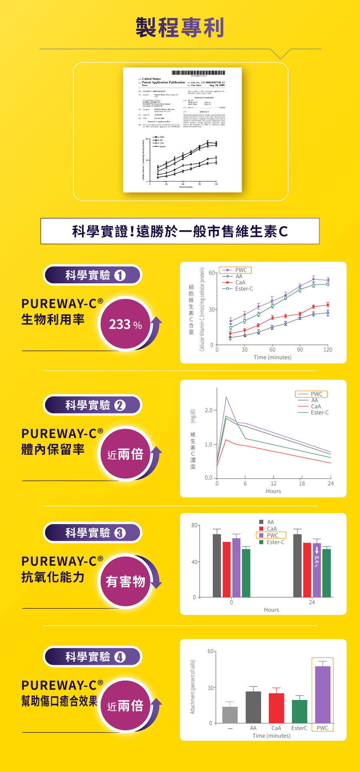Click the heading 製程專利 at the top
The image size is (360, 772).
click(x=180, y=27)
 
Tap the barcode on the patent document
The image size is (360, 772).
click(x=198, y=72)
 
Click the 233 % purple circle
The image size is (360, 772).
click(x=126, y=324)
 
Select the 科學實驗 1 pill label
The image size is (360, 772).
click(x=92, y=275)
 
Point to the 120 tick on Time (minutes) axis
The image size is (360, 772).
click(x=328, y=350)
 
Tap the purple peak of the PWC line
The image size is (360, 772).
click(x=226, y=397)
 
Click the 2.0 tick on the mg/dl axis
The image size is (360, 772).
click(x=208, y=411)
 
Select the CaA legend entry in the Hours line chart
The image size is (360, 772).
click(x=315, y=406)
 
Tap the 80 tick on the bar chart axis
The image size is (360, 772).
click(x=194, y=525)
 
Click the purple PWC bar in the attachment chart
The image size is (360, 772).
click(x=322, y=694)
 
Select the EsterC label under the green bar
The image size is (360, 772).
click(x=299, y=728)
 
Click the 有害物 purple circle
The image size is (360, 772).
click(x=126, y=581)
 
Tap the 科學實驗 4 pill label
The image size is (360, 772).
click(x=92, y=657)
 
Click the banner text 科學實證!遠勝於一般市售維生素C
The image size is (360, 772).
click(x=180, y=231)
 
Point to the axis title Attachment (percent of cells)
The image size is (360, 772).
click(x=193, y=687)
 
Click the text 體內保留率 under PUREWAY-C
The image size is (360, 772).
click(x=53, y=449)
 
